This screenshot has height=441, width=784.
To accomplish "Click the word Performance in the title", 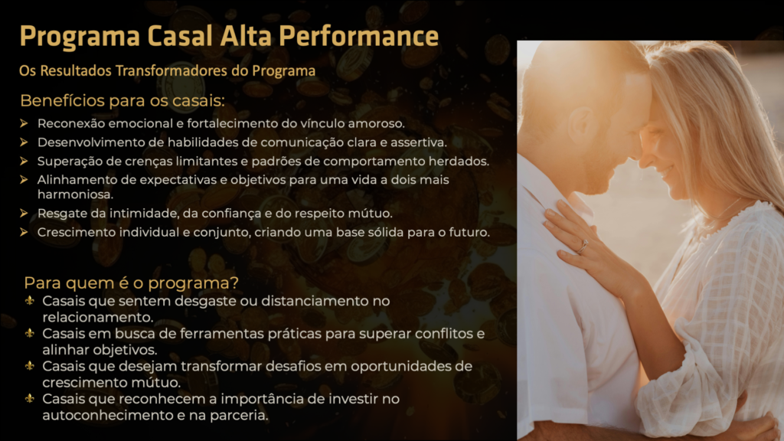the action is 358,37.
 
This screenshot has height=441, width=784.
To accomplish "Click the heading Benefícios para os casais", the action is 122,100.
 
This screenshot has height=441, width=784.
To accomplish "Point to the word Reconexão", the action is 71,123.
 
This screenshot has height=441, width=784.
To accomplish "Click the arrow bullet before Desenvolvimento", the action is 24,142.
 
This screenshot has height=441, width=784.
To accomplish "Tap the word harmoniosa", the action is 76,194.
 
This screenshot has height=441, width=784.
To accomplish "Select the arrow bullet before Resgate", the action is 24,214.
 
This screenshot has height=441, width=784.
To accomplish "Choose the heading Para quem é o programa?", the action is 131,283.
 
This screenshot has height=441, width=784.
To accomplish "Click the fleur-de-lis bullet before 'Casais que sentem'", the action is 30,300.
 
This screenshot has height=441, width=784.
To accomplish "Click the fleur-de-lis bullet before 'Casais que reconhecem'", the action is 30,398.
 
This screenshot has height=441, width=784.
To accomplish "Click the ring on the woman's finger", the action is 583,247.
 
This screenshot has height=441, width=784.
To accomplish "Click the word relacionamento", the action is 97,318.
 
